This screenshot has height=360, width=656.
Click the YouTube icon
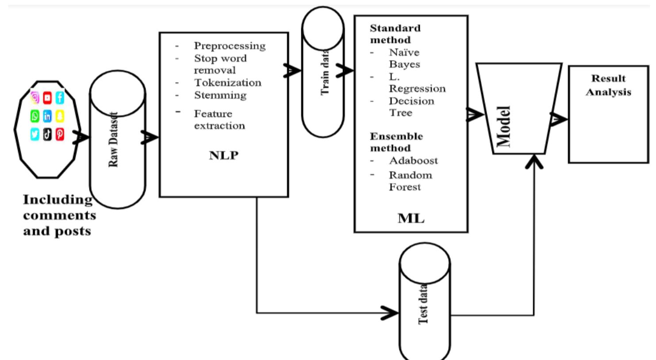[47, 98]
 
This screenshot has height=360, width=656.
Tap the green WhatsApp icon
[35, 116]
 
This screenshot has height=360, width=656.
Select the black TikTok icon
[47, 134]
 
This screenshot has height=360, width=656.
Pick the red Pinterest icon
[60, 134]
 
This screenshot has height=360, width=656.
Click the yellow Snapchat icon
[60, 116]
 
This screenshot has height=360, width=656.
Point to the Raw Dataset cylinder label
[114, 140]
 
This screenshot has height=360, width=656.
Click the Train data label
[325, 72]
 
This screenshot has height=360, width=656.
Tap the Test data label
[423, 304]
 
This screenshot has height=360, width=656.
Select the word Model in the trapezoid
[503, 126]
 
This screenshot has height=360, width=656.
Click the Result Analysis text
[608, 85]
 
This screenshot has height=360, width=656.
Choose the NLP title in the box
[223, 156]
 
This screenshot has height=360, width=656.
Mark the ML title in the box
[411, 218]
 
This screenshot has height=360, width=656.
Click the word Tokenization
[227, 83]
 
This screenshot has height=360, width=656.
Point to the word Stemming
[220, 95]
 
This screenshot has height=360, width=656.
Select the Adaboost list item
[413, 161]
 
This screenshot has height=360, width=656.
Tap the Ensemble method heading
[396, 142]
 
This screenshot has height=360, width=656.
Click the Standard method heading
[395, 34]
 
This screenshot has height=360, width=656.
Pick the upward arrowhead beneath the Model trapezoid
[534, 162]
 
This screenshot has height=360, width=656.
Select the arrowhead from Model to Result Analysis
[559, 119]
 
